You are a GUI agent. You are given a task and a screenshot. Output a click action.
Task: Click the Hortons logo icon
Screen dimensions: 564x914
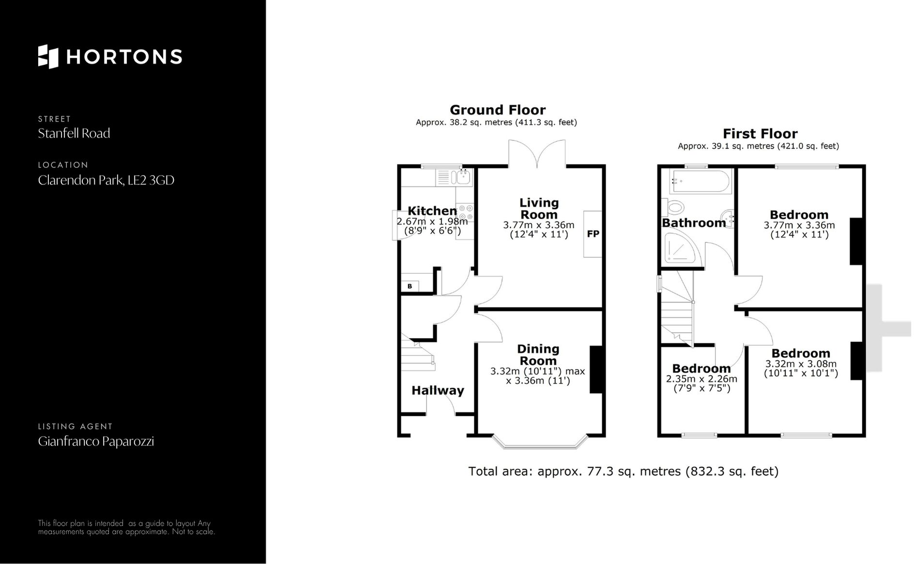48,57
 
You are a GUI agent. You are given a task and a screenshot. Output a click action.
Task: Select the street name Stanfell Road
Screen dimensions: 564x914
74,134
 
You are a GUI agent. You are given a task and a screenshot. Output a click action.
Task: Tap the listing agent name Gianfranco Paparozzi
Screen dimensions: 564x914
96,442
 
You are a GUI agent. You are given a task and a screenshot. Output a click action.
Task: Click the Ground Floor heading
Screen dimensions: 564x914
497,110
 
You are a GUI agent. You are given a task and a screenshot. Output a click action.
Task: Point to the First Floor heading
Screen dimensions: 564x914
760,134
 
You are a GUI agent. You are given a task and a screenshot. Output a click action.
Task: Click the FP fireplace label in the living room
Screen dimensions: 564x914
593,234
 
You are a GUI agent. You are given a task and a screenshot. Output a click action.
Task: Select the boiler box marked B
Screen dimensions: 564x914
410,286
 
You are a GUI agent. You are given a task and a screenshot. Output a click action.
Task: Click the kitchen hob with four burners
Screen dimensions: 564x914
465,213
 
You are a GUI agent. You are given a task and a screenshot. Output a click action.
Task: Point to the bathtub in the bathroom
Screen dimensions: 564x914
700,181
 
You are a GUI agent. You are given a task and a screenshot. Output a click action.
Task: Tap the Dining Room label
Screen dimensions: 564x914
538,355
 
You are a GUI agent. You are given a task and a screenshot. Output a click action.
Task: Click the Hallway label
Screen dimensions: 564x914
438,390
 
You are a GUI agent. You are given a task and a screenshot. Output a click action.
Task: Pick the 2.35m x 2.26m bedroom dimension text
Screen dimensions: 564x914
701,379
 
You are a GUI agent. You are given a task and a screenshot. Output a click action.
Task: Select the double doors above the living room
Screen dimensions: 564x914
537,154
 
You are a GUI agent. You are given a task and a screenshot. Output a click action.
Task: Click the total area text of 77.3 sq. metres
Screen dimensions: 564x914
623,471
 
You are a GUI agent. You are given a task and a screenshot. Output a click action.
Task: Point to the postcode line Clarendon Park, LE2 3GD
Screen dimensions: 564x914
106,180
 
